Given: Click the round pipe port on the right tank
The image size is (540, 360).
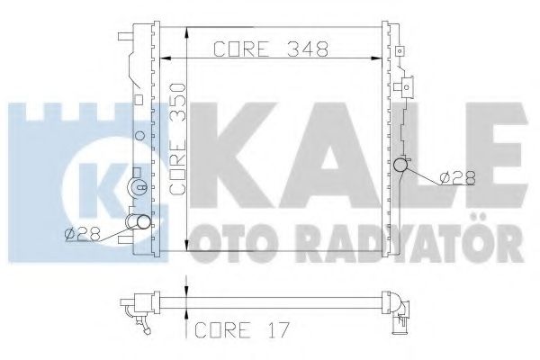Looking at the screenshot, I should pos(402,166).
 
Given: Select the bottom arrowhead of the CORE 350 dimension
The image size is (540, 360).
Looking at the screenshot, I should pos(185,248).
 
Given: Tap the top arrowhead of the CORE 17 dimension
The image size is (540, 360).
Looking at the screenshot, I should pos(185,293).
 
